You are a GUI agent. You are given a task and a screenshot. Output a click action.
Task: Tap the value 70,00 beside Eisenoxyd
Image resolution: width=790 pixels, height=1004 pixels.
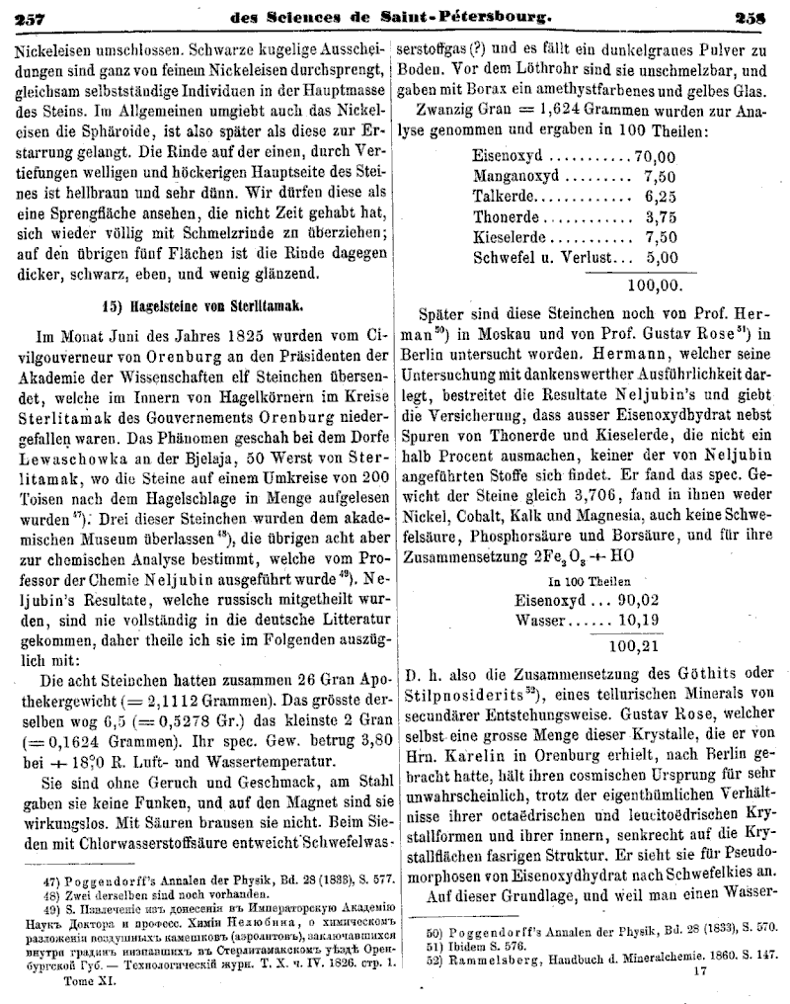(x=655, y=156)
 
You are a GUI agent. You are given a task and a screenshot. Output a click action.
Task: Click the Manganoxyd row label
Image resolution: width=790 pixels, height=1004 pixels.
(x=518, y=176)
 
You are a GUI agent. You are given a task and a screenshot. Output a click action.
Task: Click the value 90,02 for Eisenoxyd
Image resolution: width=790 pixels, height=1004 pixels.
(x=638, y=600)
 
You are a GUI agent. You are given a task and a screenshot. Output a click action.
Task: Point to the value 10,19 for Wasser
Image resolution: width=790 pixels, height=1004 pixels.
(x=638, y=621)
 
